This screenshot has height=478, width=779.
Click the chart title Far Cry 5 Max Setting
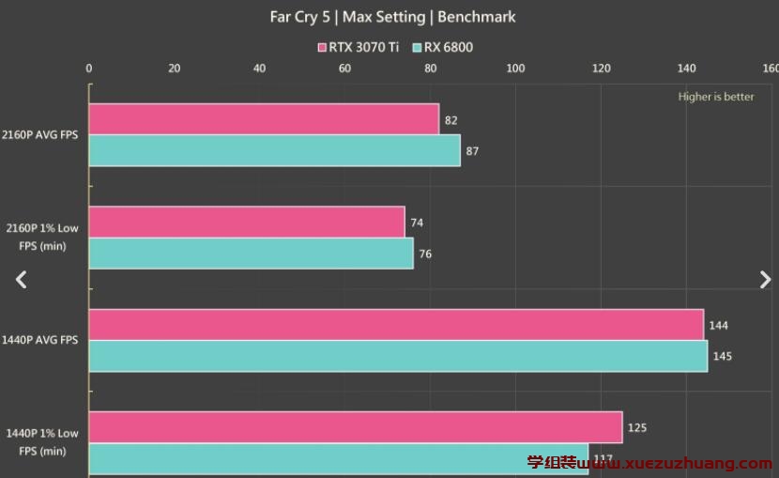click(x=392, y=17)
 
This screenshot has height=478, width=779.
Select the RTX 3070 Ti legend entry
click(x=358, y=47)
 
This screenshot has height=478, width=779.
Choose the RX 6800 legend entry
click(x=442, y=47)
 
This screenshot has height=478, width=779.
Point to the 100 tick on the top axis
click(x=515, y=68)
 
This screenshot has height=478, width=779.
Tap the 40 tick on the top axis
click(x=259, y=68)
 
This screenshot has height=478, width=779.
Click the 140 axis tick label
click(x=687, y=68)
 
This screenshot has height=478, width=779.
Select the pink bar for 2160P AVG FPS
click(x=264, y=119)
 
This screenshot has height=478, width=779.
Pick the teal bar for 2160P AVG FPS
click(x=274, y=150)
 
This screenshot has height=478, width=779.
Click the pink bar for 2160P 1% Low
click(x=247, y=222)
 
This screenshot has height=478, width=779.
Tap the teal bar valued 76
click(x=251, y=253)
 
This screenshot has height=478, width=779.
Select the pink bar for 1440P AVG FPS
click(x=396, y=325)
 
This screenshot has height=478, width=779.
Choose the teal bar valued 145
click(x=398, y=356)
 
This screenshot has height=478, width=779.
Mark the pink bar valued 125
click(x=356, y=427)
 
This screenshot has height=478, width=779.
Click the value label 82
click(x=451, y=120)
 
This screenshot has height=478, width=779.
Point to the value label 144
click(x=719, y=326)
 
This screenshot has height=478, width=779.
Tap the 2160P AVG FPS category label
click(x=41, y=135)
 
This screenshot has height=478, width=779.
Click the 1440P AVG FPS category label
click(x=41, y=340)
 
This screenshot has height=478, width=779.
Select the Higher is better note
click(x=716, y=97)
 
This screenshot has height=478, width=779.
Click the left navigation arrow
click(x=22, y=279)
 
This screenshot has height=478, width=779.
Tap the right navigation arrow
click(x=765, y=279)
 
